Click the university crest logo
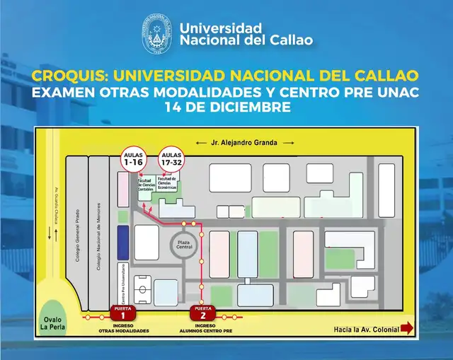click(x=157, y=37)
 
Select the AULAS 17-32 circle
click(x=171, y=160)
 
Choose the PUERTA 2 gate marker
click(x=202, y=312)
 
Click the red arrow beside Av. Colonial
click(x=407, y=329)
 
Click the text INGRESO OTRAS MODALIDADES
click(x=123, y=327)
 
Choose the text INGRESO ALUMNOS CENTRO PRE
click(x=203, y=327)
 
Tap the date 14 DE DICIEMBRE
click(x=226, y=108)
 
